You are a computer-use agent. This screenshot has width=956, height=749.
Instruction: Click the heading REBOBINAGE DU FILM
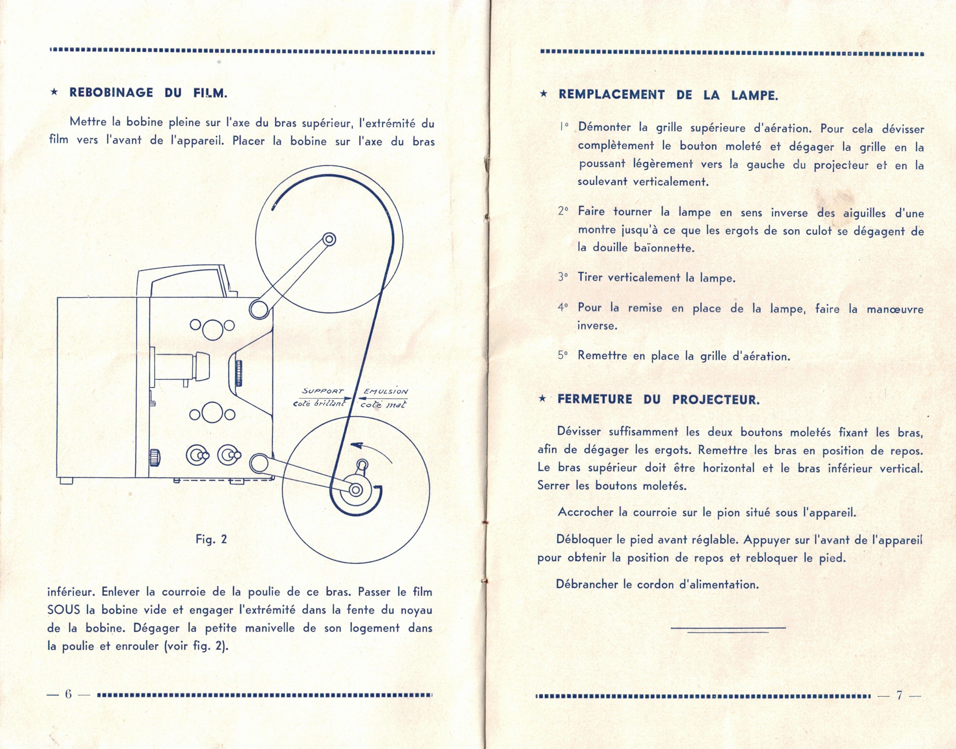pyautogui.click(x=148, y=93)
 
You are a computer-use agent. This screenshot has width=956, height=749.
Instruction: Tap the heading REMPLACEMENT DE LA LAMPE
pyautogui.click(x=668, y=95)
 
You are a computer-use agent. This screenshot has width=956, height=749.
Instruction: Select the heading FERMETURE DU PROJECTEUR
pyautogui.click(x=658, y=399)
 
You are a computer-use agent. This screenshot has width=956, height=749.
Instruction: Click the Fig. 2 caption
pyautogui.click(x=211, y=539)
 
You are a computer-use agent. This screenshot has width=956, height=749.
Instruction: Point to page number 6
pyautogui.click(x=68, y=695)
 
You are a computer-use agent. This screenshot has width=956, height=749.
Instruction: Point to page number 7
pyautogui.click(x=899, y=696)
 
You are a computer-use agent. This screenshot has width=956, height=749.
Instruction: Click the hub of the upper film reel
pyautogui.click(x=329, y=239)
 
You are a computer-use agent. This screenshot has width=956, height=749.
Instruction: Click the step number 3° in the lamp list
pyautogui.click(x=563, y=277)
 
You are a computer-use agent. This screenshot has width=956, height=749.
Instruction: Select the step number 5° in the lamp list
pyautogui.click(x=563, y=355)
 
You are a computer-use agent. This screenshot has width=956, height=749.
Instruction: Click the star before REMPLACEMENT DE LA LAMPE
pyautogui.click(x=544, y=94)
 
